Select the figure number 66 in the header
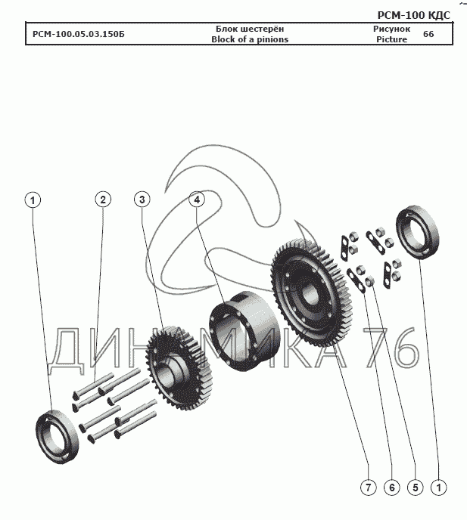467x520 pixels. click(428, 35)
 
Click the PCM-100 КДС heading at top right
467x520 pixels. click(413, 15)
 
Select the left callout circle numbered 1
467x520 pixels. click(32, 200)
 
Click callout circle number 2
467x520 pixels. click(103, 199)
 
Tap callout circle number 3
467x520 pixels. click(141, 199)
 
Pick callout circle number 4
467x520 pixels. click(197, 200)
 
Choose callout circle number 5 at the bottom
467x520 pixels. click(415, 487)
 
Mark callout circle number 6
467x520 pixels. click(391, 487)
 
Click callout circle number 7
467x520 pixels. click(367, 487)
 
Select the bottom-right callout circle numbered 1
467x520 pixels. click(438, 487)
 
